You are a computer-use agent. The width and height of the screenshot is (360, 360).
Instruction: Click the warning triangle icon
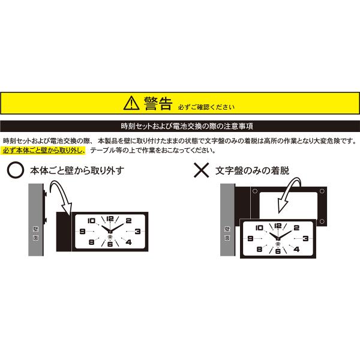pyautogui.click(x=131, y=103)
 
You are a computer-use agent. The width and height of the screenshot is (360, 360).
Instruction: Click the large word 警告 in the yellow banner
pyautogui.click(x=158, y=103)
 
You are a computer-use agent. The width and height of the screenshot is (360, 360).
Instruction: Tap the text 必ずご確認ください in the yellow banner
pyautogui.click(x=206, y=107)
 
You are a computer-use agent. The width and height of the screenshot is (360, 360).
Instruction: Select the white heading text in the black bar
pyautogui.click(x=187, y=126)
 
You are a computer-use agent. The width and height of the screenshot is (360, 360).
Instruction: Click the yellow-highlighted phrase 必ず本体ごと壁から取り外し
pyautogui.click(x=44, y=151)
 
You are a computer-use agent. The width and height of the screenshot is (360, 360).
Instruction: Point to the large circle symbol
pyautogui.click(x=16, y=170)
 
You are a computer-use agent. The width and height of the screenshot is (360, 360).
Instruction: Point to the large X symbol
pyautogui.click(x=202, y=170)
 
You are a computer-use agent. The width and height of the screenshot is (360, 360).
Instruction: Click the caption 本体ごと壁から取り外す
pyautogui.click(x=77, y=170)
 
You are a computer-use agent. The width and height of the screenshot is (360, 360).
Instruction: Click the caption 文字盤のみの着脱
pyautogui.click(x=253, y=170)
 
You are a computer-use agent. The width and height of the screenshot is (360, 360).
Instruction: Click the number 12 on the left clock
pyautogui.click(x=110, y=218)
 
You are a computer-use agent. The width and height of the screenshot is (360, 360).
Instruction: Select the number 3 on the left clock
pyautogui.click(x=137, y=231)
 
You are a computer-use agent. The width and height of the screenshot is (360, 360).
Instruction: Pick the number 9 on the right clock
pyautogui.click(x=250, y=239)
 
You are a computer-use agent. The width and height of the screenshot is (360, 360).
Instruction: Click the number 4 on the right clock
pyautogui.click(x=296, y=249)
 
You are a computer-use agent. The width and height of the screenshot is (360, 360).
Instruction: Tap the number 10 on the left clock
pyautogui.click(x=91, y=221)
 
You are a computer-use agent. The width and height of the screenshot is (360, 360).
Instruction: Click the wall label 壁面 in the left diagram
pyautogui.click(x=35, y=233)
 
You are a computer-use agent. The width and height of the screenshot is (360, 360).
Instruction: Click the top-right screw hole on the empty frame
pyautogui.click(x=322, y=191)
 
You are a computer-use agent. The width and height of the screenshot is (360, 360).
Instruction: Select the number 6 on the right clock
pyautogui.click(x=278, y=251)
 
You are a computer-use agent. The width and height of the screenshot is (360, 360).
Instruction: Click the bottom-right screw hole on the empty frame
pyautogui.click(x=322, y=221)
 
